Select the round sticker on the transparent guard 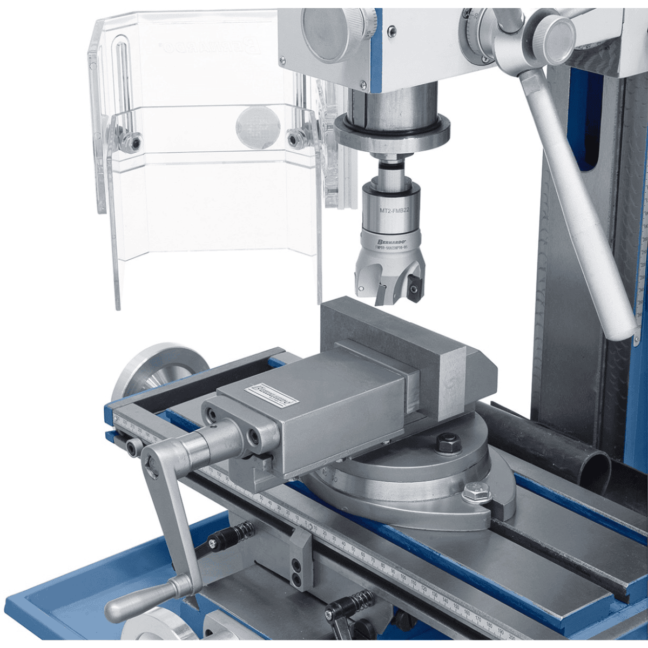click(258, 127)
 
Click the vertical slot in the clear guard click(122, 76)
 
